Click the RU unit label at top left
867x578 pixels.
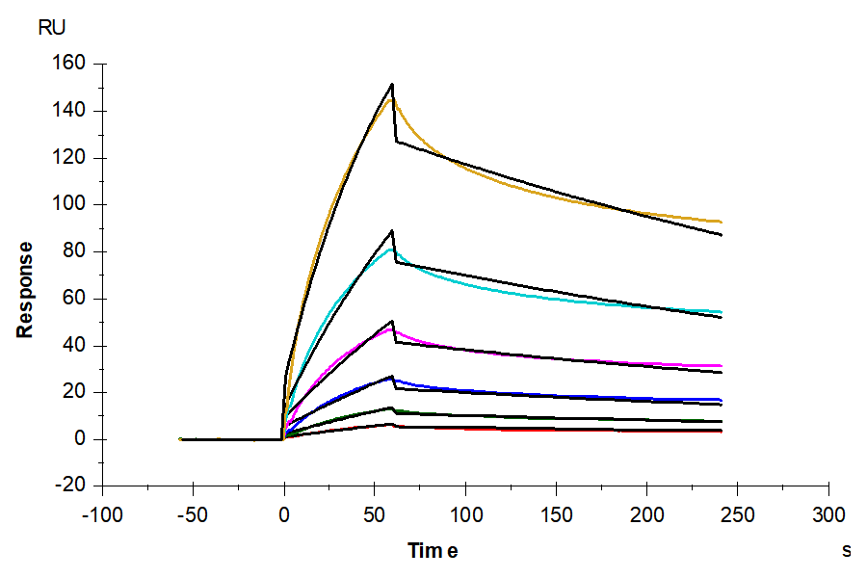[x=51, y=28]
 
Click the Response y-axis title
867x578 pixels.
[x=25, y=289]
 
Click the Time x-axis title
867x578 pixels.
[x=433, y=551]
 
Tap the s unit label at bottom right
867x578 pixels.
[x=847, y=551]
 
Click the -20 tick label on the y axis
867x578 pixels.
[x=72, y=486]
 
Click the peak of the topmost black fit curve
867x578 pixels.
[x=392, y=84]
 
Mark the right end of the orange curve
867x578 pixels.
[x=722, y=223]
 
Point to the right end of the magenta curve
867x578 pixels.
[x=722, y=366]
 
